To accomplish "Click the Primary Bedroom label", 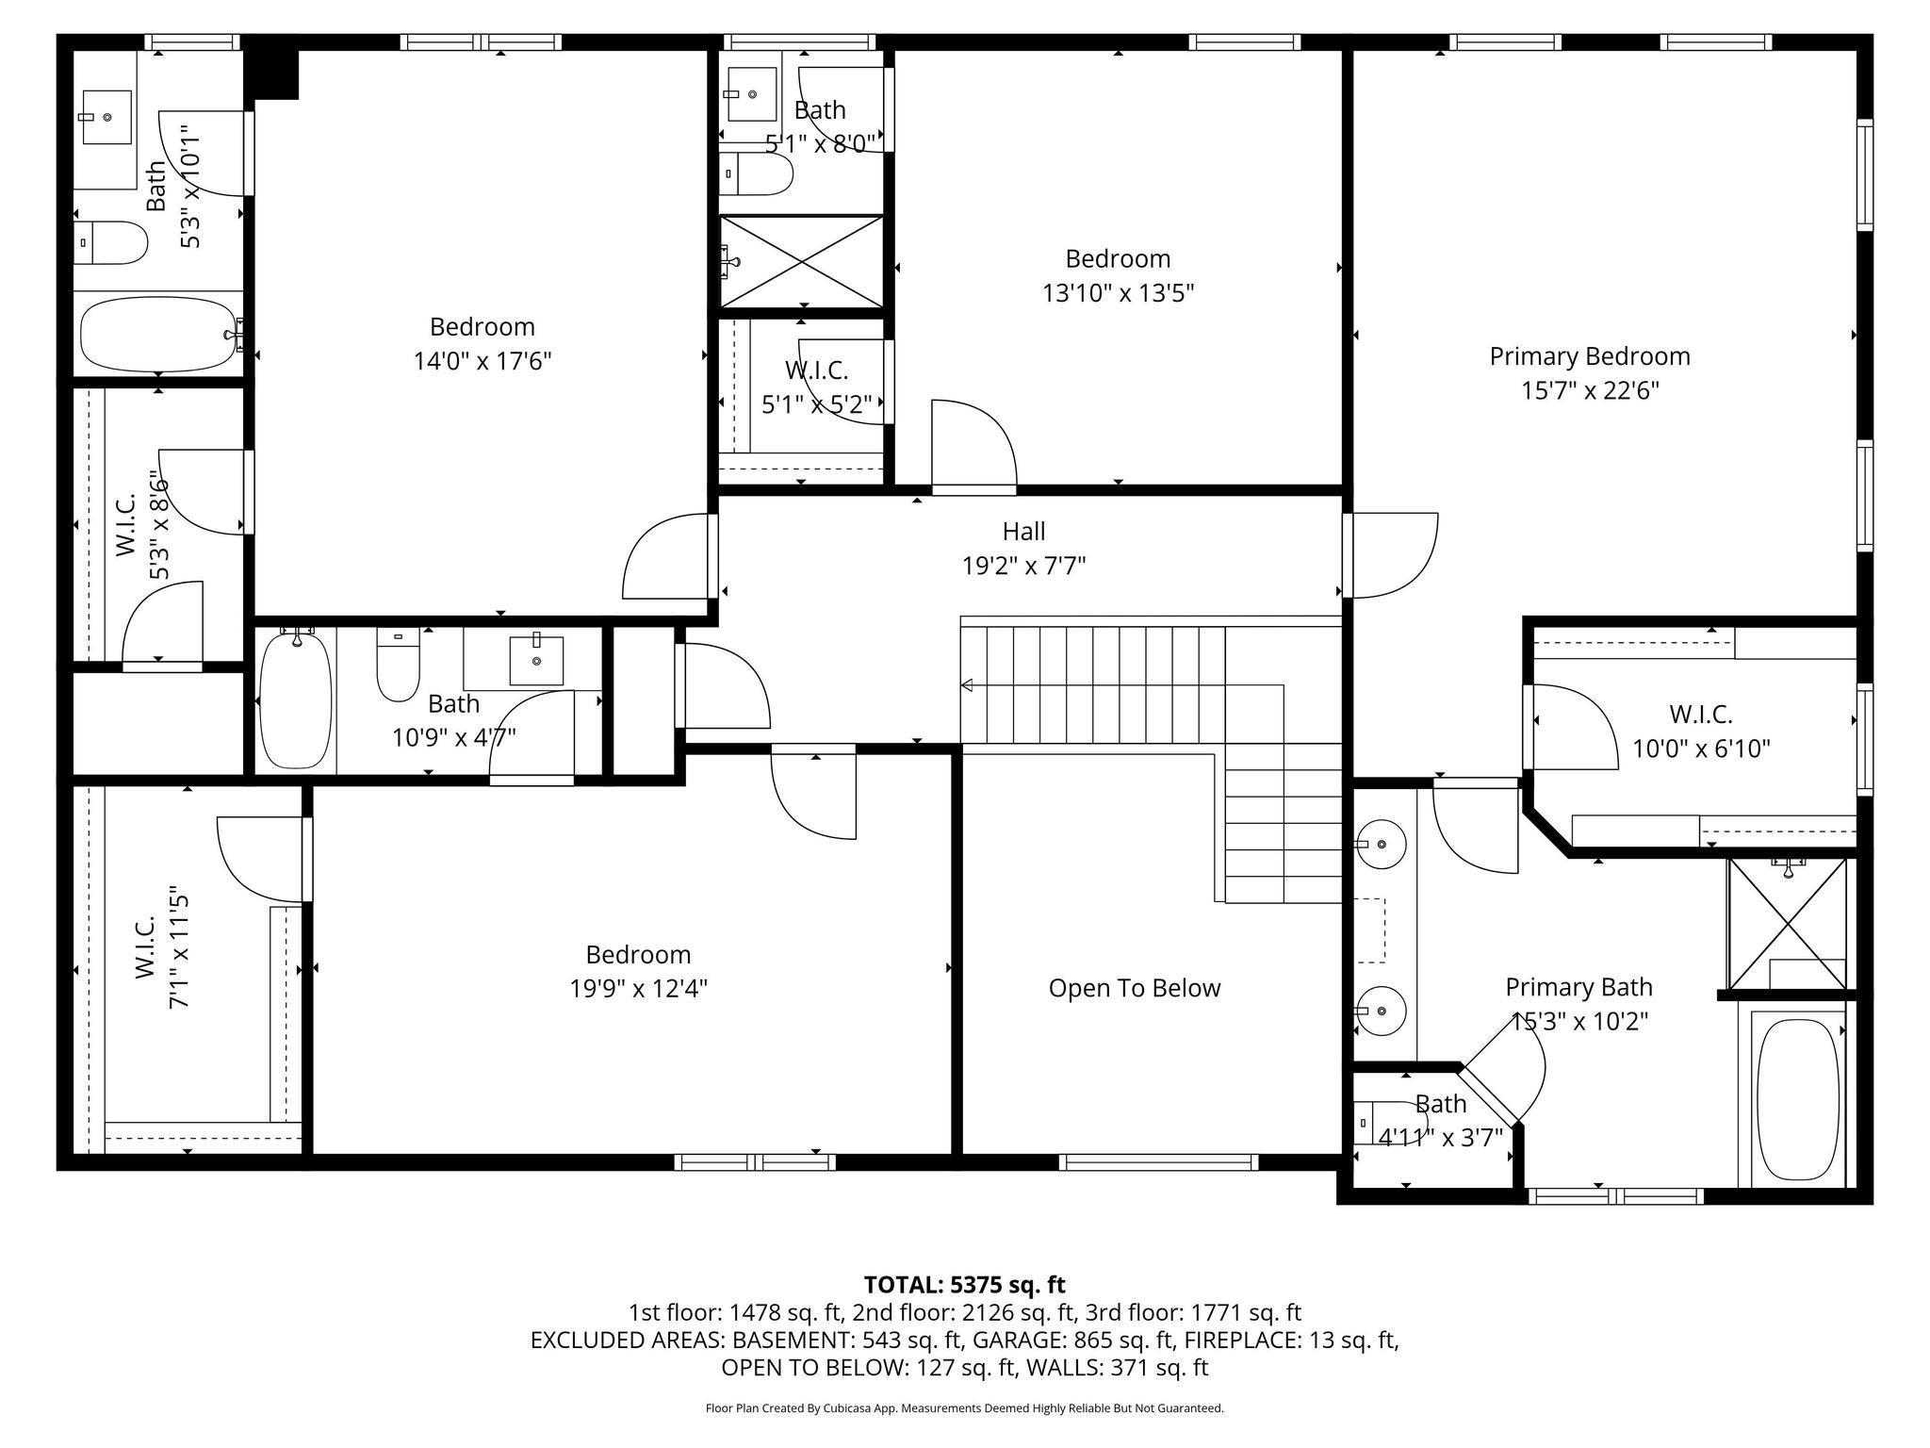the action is [x=1590, y=356].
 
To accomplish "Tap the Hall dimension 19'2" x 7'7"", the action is [x=1023, y=566].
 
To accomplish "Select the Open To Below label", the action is [x=1135, y=988].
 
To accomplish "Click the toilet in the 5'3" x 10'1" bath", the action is [x=111, y=243].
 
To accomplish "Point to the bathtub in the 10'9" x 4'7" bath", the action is [x=296, y=699].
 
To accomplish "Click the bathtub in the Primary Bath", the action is [x=1798, y=1099].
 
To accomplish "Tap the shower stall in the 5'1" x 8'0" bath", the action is [x=802, y=261].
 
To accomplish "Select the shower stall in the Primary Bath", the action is [x=1787, y=924].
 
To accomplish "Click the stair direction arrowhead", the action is [x=967, y=685].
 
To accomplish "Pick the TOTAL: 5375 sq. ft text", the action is [x=964, y=1284].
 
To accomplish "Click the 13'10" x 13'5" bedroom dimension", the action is [x=1118, y=293].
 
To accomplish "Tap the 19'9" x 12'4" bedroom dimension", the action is [x=638, y=988].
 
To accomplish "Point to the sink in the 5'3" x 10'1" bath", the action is [x=106, y=117].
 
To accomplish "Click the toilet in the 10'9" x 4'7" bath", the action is [x=398, y=664].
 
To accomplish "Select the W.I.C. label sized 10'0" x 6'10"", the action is [x=1701, y=714].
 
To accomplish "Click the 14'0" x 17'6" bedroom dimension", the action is [x=482, y=361].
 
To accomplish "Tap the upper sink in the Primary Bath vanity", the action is [x=1381, y=844].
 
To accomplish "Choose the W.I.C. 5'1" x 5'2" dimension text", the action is [x=816, y=404].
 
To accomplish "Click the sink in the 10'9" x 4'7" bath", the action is [x=536, y=661].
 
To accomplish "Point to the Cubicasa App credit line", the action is [x=964, y=1408].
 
